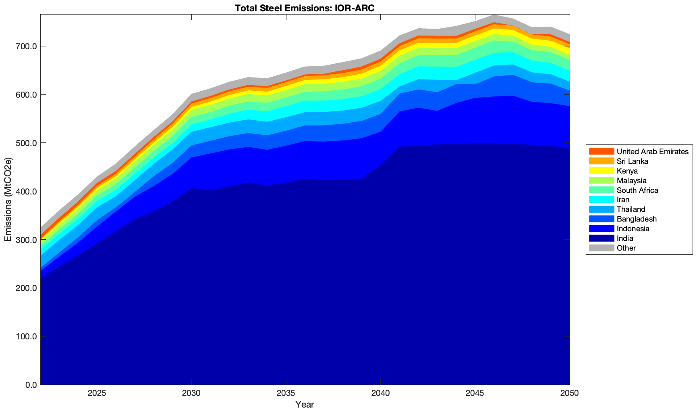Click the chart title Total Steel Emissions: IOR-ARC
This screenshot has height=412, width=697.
(x=305, y=8)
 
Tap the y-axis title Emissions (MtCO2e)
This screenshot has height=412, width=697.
(x=8, y=199)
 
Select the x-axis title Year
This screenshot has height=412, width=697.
(x=305, y=404)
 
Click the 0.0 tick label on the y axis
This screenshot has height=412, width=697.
(x=31, y=385)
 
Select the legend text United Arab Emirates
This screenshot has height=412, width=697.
(x=652, y=152)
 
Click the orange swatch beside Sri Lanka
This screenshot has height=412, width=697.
(x=602, y=161)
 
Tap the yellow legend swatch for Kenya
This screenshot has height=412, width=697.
(x=602, y=171)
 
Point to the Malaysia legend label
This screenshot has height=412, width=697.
(x=631, y=181)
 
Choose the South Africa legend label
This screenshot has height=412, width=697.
(x=637, y=190)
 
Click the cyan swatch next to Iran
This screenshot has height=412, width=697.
(x=602, y=200)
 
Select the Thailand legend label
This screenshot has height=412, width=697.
(x=631, y=209)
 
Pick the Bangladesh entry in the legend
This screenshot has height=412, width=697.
(x=637, y=219)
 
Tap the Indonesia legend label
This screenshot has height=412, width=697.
(x=633, y=229)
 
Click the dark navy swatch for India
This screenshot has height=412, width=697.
(x=602, y=238)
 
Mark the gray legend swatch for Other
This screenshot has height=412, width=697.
(x=602, y=248)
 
